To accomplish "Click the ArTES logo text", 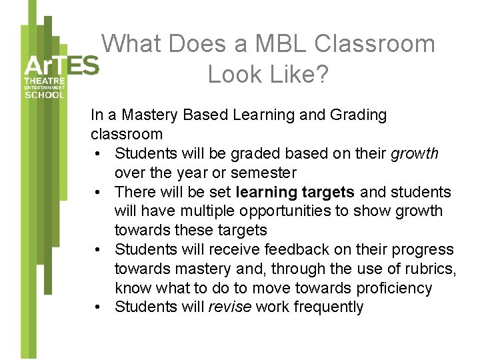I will [61, 66].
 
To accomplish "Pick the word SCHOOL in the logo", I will [45, 95].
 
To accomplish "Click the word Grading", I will [358, 115].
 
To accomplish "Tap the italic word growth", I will [415, 154].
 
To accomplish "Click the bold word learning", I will [267, 193].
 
